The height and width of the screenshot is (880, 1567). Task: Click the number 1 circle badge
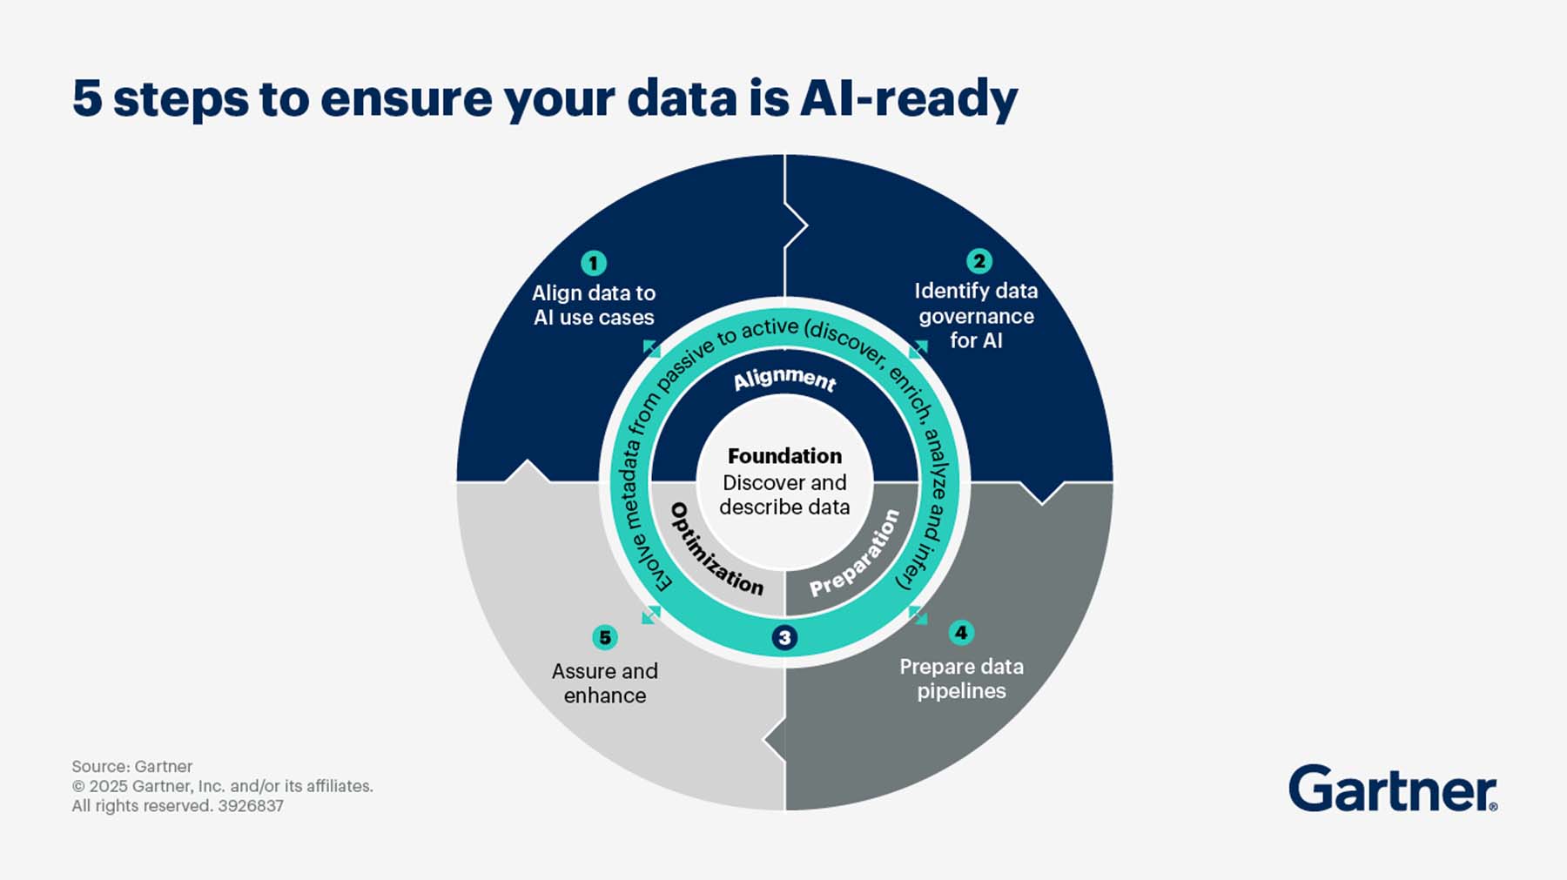point(594,263)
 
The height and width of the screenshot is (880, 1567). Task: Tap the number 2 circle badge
point(979,261)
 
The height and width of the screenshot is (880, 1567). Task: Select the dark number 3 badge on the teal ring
point(784,637)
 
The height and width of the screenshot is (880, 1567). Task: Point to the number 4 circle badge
point(961,633)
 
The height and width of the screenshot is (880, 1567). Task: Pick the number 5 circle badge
point(604,637)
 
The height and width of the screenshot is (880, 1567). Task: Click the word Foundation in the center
point(784,456)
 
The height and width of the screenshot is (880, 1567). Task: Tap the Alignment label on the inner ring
point(784,379)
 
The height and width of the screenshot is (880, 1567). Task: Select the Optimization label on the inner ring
point(716,551)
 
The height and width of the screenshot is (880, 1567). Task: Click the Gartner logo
point(1392,789)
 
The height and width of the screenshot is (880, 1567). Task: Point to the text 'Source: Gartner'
point(132,767)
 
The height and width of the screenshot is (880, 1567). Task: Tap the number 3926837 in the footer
point(251,806)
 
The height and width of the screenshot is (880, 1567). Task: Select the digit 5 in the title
point(87,98)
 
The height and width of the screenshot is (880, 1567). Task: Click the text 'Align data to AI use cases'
point(594,306)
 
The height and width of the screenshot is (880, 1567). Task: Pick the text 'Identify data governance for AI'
point(976,316)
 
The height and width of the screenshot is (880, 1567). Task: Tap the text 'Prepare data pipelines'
point(961,679)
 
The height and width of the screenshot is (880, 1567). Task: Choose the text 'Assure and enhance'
point(604,683)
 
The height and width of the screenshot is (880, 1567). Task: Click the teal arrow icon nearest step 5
point(651,615)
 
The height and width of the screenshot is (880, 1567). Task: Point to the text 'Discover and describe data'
point(784,494)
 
